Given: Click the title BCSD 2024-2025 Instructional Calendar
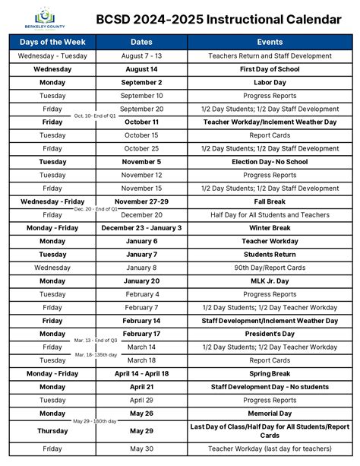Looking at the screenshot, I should point(218,18).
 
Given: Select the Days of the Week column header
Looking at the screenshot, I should point(52,43).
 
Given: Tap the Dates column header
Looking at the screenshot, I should point(141,43).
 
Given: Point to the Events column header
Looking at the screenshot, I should point(270,43).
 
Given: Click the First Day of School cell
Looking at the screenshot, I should point(270,69).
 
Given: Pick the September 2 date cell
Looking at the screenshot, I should point(141,82).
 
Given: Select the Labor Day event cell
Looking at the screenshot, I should point(270,82).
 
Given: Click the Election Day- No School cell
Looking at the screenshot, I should point(270,162).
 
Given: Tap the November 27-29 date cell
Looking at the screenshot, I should point(141,201).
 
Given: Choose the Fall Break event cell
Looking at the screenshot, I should point(270,201).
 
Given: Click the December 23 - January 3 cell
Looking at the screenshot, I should point(141,228).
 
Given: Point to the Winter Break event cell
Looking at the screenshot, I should point(270,228).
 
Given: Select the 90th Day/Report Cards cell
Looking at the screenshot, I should point(270,268).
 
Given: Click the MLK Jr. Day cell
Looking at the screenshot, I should point(270,281).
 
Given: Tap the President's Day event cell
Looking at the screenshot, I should point(270,334).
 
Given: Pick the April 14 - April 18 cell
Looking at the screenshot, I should point(141,373).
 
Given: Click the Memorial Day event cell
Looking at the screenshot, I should point(270,413).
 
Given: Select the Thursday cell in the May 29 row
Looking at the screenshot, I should point(52,430).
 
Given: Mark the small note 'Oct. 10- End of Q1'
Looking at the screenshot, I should point(96,116).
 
